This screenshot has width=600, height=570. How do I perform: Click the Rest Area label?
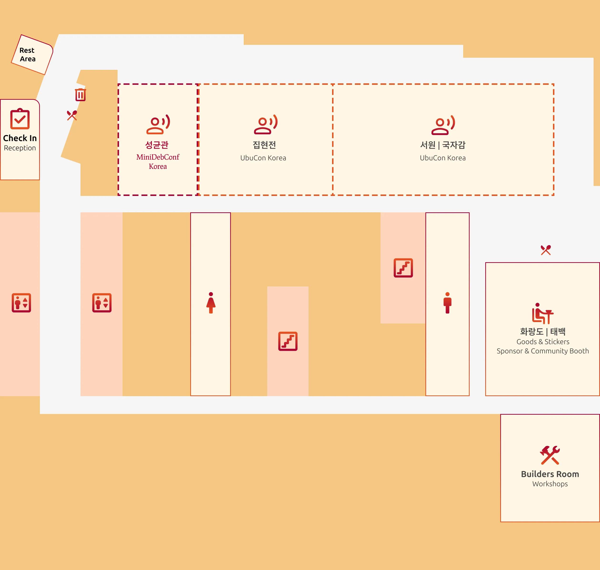pyautogui.click(x=27, y=54)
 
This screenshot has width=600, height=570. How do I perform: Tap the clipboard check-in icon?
pyautogui.click(x=20, y=119)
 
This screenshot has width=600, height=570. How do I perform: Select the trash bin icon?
pyautogui.click(x=81, y=95)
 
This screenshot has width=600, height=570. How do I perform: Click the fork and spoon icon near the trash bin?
pyautogui.click(x=72, y=115)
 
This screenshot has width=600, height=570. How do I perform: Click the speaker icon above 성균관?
pyautogui.click(x=158, y=125)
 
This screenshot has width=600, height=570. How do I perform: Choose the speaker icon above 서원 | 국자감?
pyautogui.click(x=443, y=125)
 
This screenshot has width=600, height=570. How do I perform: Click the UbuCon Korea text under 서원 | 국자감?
pyautogui.click(x=443, y=158)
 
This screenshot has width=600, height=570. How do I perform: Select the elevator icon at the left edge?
pyautogui.click(x=21, y=303)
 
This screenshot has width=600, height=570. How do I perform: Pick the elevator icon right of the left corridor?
pyautogui.click(x=102, y=303)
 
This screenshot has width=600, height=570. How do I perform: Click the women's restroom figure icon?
pyautogui.click(x=211, y=303)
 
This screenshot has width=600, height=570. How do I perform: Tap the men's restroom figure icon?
pyautogui.click(x=448, y=303)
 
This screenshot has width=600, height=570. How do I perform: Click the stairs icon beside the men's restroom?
pyautogui.click(x=403, y=268)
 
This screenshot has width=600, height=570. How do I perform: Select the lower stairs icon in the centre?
pyautogui.click(x=288, y=341)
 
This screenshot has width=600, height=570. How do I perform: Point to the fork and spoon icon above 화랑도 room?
pyautogui.click(x=546, y=250)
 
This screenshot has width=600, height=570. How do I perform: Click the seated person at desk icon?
pyautogui.click(x=543, y=313)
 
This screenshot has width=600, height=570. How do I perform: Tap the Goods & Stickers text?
pyautogui.click(x=543, y=342)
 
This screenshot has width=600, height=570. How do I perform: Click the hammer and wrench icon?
pyautogui.click(x=550, y=455)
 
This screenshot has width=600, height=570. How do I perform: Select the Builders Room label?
pyautogui.click(x=550, y=474)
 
